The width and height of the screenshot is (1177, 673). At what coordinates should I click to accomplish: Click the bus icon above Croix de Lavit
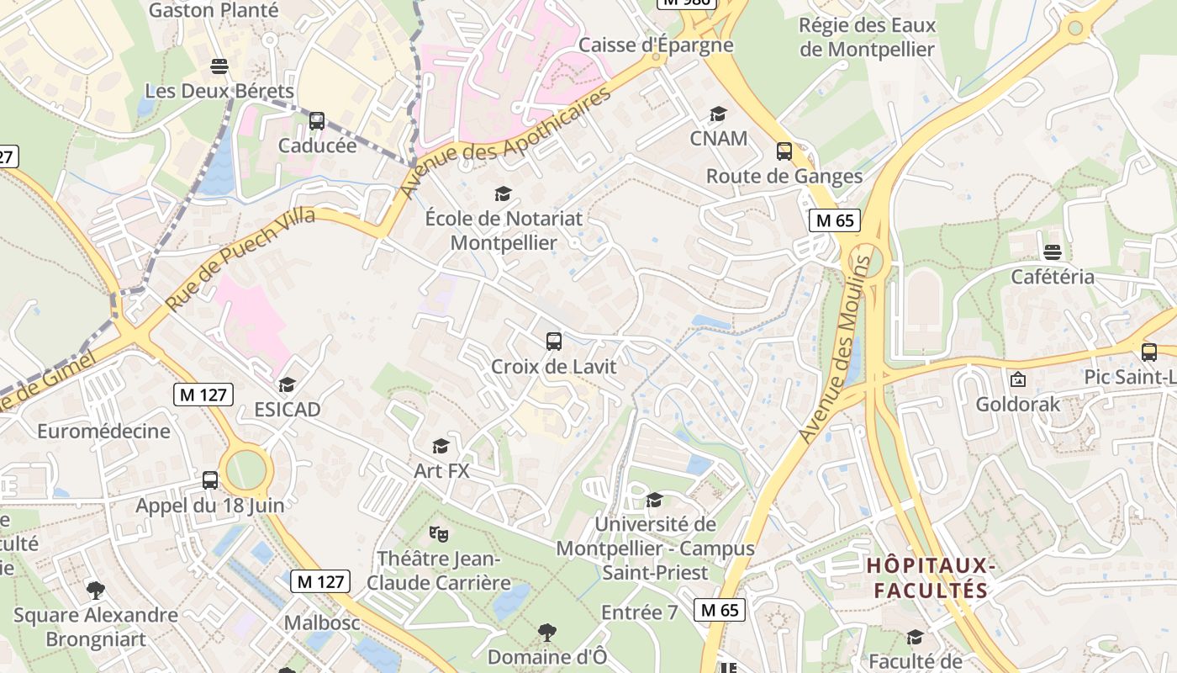click(553, 341)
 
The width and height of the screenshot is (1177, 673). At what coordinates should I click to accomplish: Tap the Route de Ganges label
click(784, 177)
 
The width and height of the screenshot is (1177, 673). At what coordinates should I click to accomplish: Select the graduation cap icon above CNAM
click(718, 114)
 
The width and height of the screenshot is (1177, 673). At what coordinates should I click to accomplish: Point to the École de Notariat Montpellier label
click(504, 231)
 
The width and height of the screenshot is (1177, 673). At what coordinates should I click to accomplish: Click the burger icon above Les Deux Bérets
click(219, 66)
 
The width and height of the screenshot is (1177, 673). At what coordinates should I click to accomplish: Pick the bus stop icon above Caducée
click(317, 120)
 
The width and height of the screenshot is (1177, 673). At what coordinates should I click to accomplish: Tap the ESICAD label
click(288, 410)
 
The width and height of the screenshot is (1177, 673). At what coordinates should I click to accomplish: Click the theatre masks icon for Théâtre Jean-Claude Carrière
click(438, 533)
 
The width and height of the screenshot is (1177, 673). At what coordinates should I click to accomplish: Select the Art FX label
click(441, 471)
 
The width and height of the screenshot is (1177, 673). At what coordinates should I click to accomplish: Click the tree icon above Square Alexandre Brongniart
click(96, 590)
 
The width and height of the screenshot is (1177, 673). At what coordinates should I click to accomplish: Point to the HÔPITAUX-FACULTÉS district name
click(932, 578)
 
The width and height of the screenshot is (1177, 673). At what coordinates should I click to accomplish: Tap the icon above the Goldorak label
click(1017, 379)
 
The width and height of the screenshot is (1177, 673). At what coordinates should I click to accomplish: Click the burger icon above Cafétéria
click(1052, 252)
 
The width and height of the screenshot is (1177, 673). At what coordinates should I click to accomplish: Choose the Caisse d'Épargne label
click(656, 45)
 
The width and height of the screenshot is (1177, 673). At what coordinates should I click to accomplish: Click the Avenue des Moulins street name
click(833, 350)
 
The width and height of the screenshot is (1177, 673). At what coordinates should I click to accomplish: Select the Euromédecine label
click(103, 432)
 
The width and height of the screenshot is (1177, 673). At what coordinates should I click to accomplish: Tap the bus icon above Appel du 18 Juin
click(210, 480)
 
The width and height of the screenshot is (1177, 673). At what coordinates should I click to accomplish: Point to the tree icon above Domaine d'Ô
click(546, 632)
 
